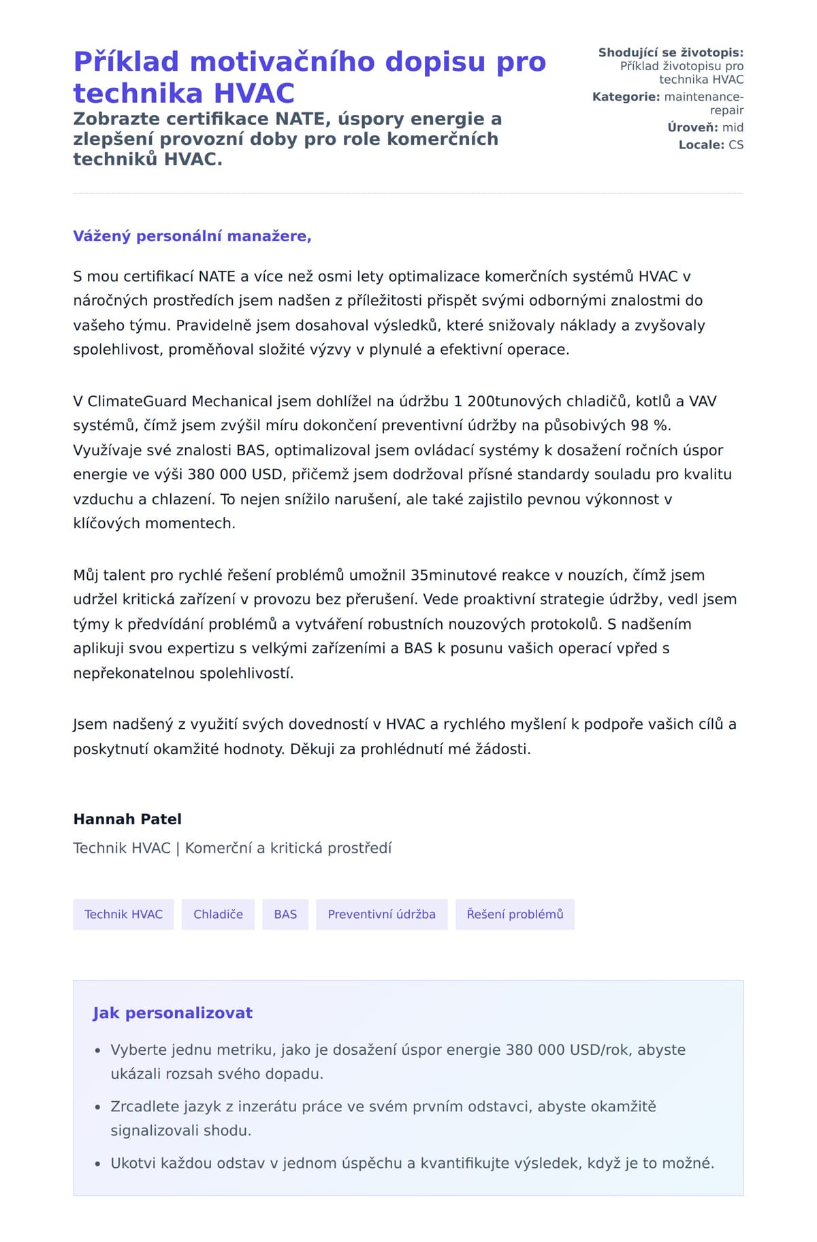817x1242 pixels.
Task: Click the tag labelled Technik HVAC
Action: click(x=123, y=914)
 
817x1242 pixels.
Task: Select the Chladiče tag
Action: click(x=218, y=914)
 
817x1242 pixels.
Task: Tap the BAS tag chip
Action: click(x=285, y=914)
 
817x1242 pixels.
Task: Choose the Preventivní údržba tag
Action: click(x=381, y=914)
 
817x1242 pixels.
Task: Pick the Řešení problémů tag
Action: click(x=515, y=914)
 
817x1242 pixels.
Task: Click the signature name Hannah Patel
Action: click(x=127, y=819)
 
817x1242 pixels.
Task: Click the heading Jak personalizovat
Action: click(x=172, y=1013)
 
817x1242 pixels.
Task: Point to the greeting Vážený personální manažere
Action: click(x=192, y=236)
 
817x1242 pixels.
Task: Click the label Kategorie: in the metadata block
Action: click(x=626, y=97)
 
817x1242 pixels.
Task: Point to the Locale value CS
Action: click(x=736, y=145)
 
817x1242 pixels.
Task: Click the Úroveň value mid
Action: click(x=733, y=127)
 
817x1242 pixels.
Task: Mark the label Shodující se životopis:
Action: click(x=671, y=52)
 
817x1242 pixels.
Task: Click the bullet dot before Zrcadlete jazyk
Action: click(x=98, y=1107)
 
